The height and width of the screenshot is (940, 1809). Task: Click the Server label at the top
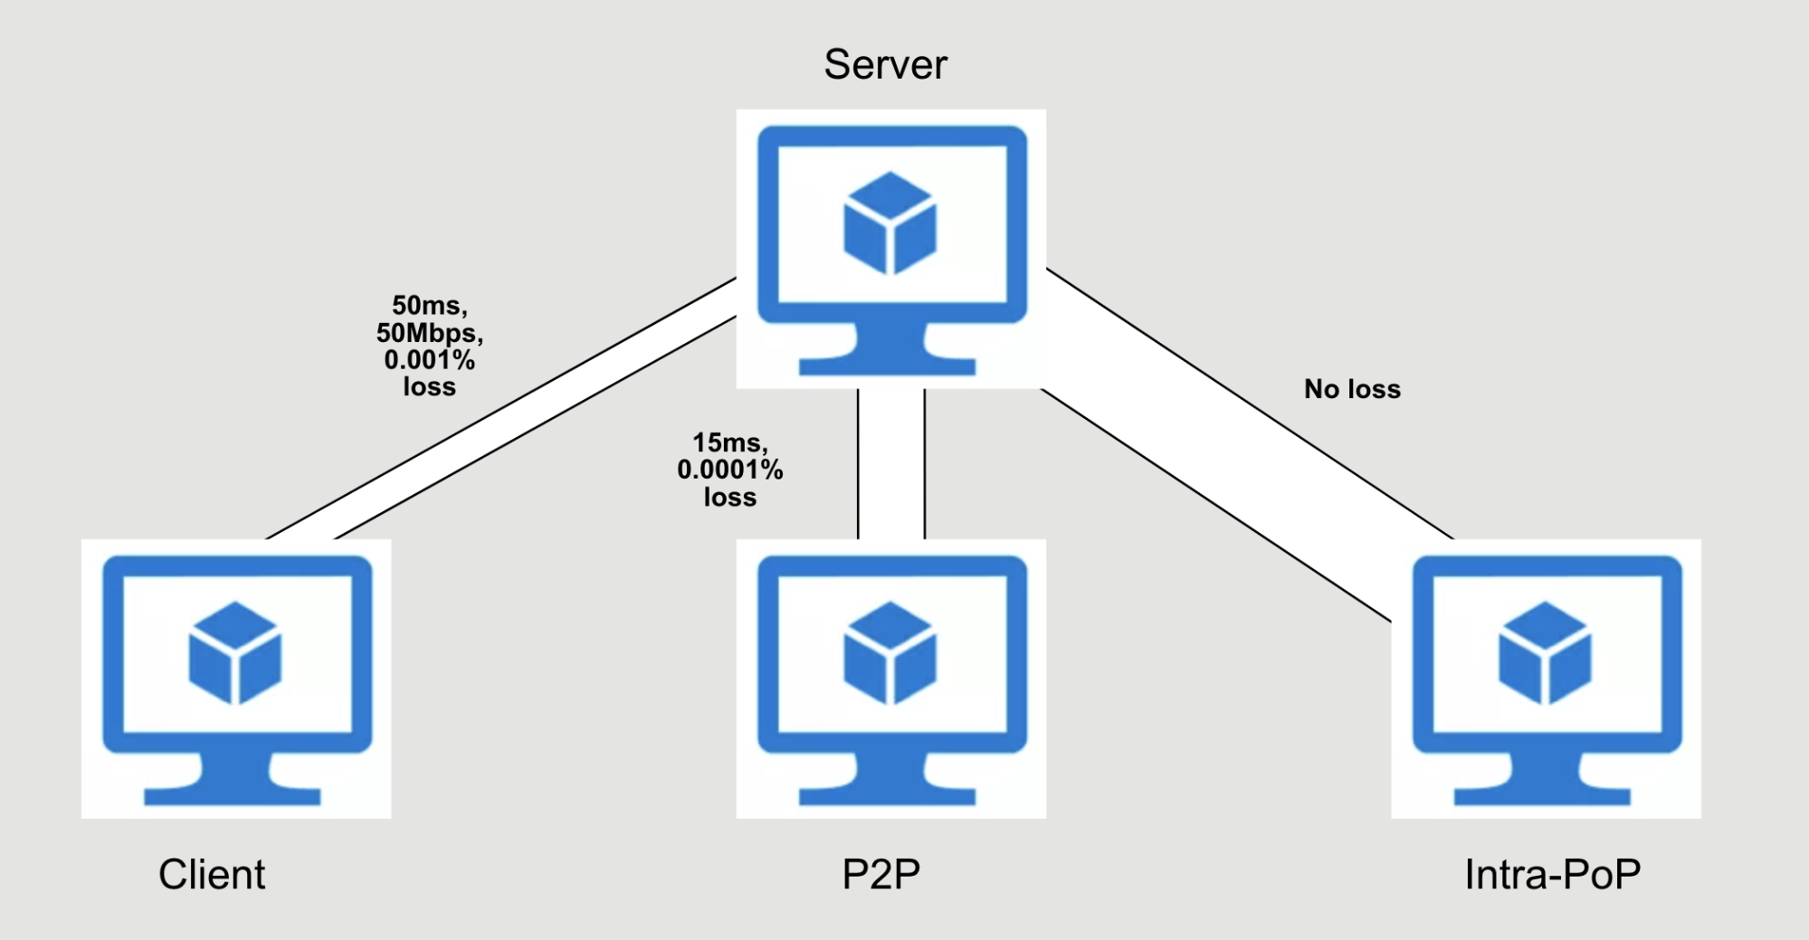click(x=885, y=65)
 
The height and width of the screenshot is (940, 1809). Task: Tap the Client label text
click(x=212, y=874)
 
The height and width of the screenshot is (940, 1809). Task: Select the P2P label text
click(x=881, y=874)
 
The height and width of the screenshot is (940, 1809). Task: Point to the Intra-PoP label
click(x=1552, y=874)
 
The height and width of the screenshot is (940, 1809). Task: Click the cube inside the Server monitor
click(x=890, y=223)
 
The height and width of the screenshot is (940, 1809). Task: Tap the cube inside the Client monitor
click(x=234, y=652)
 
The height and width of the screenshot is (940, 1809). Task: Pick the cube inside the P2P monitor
click(x=890, y=652)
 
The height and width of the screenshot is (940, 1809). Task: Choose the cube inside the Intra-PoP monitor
click(x=1545, y=652)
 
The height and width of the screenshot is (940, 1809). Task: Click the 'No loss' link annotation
click(x=1352, y=389)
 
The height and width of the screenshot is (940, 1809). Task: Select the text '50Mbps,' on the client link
click(x=430, y=333)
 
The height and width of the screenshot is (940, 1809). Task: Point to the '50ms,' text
click(x=430, y=306)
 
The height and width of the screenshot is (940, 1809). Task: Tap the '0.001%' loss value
click(x=430, y=360)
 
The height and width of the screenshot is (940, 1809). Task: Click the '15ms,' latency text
click(x=730, y=442)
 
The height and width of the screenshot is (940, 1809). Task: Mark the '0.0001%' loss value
click(x=730, y=470)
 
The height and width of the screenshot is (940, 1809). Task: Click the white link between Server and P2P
click(x=890, y=463)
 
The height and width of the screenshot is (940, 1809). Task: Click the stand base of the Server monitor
click(x=887, y=365)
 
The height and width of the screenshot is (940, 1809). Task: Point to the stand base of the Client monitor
click(x=233, y=795)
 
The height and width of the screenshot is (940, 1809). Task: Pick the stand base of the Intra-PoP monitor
click(x=1542, y=795)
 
